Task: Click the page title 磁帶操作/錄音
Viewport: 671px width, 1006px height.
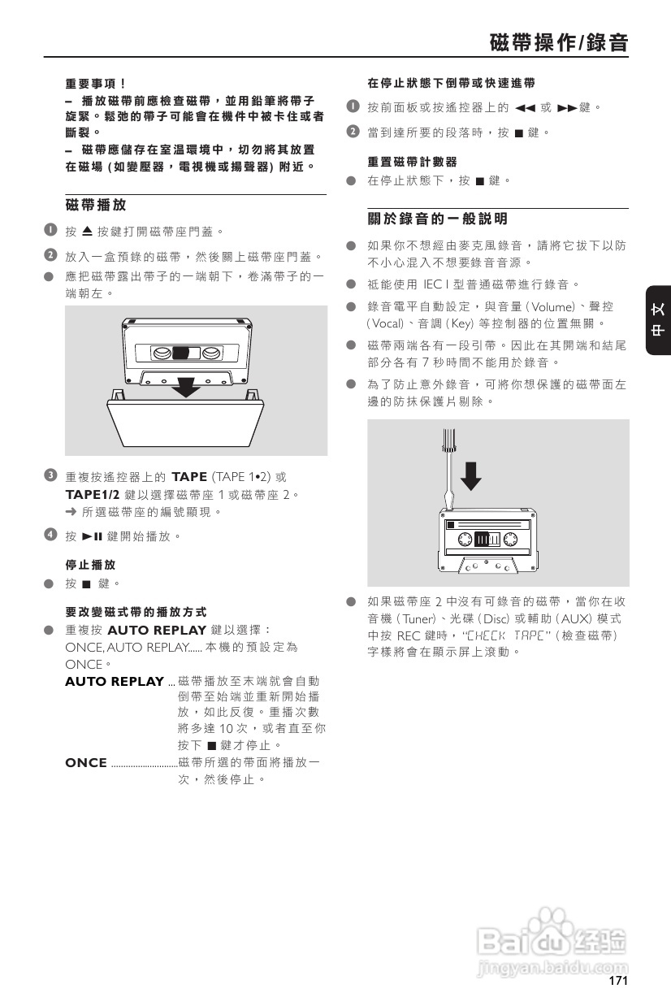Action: click(x=559, y=42)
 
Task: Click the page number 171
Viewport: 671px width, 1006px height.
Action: click(x=618, y=981)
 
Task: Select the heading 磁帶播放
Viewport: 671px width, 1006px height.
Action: click(x=96, y=205)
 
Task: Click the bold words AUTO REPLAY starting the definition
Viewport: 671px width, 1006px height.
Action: click(x=114, y=681)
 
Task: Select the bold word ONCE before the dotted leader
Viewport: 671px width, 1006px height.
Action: click(x=85, y=762)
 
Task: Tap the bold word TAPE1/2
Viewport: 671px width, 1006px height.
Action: click(x=93, y=494)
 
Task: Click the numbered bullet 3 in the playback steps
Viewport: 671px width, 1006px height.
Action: click(x=50, y=475)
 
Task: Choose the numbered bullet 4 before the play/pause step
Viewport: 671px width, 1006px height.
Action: click(x=50, y=536)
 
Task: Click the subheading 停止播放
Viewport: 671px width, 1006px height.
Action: click(x=90, y=564)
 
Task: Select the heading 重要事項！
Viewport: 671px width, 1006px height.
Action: click(x=96, y=83)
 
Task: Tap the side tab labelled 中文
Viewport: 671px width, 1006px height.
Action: click(x=658, y=321)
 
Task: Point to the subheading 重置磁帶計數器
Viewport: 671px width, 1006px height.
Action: click(x=412, y=162)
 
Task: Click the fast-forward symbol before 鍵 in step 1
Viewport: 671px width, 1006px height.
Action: click(x=566, y=107)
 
